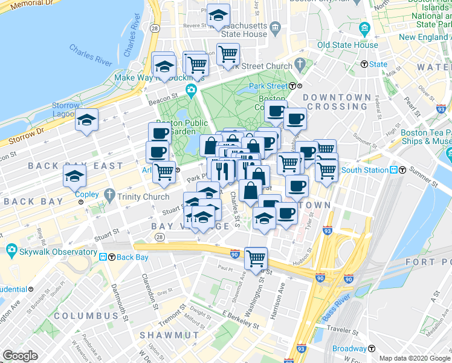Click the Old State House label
click(x=348, y=45)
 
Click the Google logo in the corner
click(x=20, y=356)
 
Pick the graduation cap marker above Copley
click(x=75, y=176)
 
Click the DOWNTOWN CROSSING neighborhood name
click(x=337, y=102)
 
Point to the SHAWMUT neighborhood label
click(x=161, y=335)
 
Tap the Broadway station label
click(x=349, y=348)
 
